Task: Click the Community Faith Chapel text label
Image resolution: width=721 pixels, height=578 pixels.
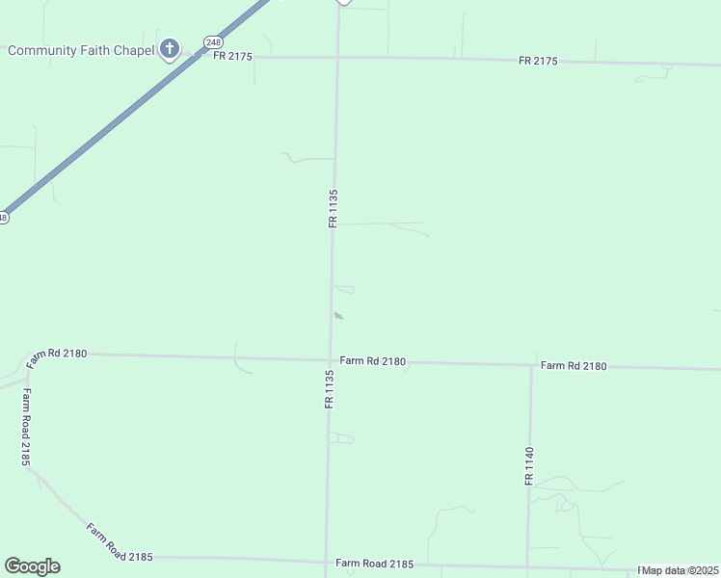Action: pos(80,50)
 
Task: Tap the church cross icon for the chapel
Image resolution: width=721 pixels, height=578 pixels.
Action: pos(170,48)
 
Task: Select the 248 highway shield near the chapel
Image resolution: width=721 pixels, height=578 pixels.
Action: pos(213,42)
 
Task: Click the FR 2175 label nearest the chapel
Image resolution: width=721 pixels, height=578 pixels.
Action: pos(232,57)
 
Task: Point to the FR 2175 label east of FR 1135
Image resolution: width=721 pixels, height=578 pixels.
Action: pos(538,62)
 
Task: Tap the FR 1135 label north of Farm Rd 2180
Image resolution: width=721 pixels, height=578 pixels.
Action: pos(333,208)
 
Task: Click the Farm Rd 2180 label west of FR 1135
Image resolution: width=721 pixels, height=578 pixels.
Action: pos(57,355)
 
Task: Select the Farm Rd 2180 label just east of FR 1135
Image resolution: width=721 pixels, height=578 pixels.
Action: pos(372,361)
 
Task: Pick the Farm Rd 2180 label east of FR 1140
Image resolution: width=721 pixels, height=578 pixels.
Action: pos(574,366)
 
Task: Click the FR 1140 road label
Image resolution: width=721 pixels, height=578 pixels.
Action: pos(529,465)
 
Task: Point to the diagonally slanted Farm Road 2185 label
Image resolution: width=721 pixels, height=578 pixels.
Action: pos(120,542)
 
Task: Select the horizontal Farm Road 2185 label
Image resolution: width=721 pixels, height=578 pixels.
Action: pos(374,564)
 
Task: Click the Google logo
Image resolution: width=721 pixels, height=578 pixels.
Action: pos(32,566)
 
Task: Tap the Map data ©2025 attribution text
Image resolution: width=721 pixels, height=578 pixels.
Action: pos(680,570)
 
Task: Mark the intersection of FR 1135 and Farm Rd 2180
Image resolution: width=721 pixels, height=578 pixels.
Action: pos(331,360)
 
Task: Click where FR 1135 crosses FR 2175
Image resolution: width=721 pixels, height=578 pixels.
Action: pos(337,58)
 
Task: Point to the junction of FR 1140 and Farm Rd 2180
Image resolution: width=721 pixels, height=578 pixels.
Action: pos(531,365)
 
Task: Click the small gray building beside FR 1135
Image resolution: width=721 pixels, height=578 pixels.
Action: pos(337,315)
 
